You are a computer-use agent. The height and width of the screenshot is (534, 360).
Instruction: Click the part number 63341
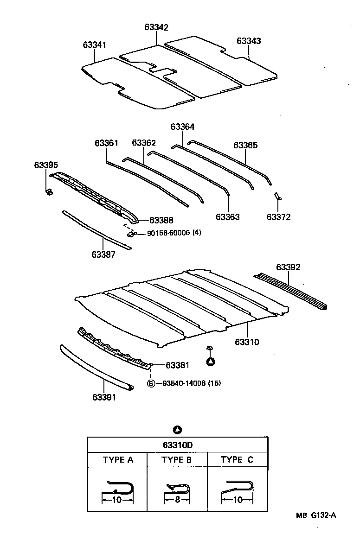tap(95, 45)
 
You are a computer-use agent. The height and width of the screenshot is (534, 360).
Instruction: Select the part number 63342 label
tap(156, 27)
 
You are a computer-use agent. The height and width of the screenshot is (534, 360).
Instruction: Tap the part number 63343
tap(249, 41)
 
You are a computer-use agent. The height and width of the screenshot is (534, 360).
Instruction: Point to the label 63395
tap(46, 165)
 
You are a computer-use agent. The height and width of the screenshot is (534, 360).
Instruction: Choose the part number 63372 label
tap(279, 216)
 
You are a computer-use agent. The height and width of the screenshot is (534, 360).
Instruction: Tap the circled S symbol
tap(151, 383)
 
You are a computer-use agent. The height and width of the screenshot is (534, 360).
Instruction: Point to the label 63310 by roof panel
tap(247, 342)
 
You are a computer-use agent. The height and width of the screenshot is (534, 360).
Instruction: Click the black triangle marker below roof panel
tap(211, 362)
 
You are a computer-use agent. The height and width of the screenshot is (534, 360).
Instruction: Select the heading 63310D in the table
tap(178, 445)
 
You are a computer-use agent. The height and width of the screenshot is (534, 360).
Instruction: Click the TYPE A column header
tap(118, 460)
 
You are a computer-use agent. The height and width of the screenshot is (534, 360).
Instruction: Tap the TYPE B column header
tap(177, 460)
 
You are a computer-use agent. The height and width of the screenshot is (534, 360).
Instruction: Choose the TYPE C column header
tap(237, 460)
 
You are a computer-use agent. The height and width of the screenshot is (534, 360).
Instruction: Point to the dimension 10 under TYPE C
tap(237, 500)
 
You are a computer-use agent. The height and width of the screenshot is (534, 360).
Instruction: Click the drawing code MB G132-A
tap(316, 516)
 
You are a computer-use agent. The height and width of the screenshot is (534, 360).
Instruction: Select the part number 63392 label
tap(288, 267)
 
